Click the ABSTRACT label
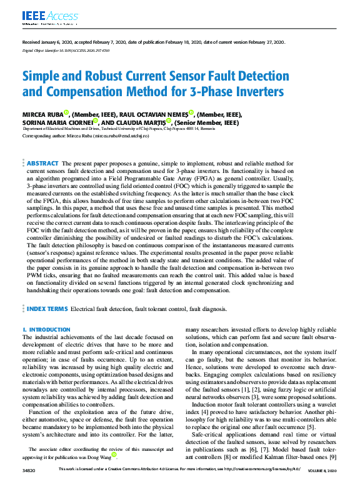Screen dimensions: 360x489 coord(42,162)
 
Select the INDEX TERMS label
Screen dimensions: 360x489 coord(47,309)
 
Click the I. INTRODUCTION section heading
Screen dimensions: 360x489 coord(46,329)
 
